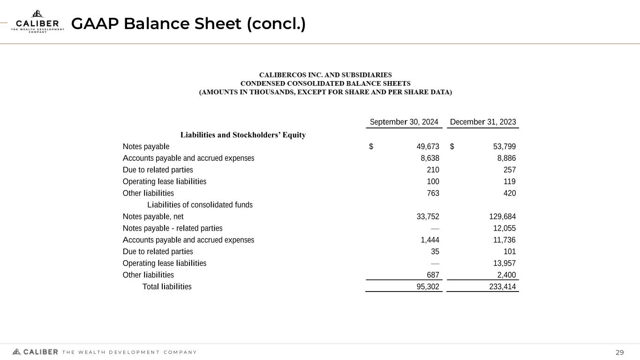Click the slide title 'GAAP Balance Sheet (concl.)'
(188, 24)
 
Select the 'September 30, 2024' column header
(404, 122)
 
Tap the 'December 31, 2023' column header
(482, 122)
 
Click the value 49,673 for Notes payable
(428, 146)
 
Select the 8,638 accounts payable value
(430, 158)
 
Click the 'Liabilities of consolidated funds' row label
(200, 205)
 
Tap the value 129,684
(502, 217)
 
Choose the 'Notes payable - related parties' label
(173, 228)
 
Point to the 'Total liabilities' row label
(167, 286)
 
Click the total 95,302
(428, 287)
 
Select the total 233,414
(502, 287)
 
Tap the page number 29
(619, 352)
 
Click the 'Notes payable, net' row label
(153, 217)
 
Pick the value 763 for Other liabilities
(433, 193)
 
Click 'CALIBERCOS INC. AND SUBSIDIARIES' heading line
(326, 75)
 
